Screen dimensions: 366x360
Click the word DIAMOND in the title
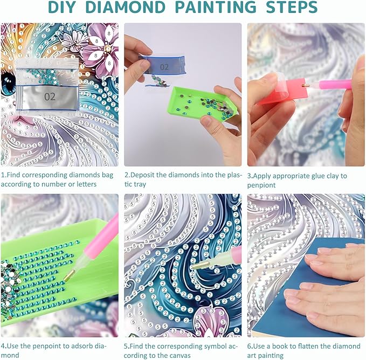pyautogui.click(x=126, y=7)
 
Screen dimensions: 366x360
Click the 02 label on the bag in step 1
pyautogui.click(x=50, y=96)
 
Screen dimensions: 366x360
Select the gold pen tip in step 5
pyautogui.click(x=200, y=265)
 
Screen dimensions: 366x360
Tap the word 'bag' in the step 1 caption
pyautogui.click(x=107, y=175)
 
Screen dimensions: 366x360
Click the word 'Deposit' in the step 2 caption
pyautogui.click(x=142, y=175)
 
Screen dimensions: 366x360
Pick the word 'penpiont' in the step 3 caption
pyautogui.click(x=261, y=185)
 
